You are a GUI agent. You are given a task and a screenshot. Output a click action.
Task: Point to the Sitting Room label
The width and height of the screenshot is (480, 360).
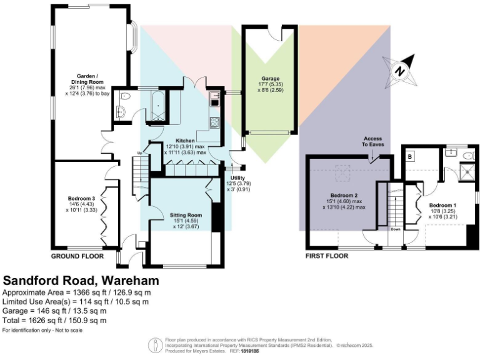(186, 215)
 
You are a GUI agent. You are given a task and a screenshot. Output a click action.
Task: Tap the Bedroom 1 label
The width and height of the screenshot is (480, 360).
(442, 205)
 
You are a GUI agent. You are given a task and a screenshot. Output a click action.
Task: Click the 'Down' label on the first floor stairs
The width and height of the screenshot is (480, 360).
(395, 229)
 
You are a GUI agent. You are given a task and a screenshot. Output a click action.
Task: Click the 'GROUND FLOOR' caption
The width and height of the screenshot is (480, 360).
(77, 256)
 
